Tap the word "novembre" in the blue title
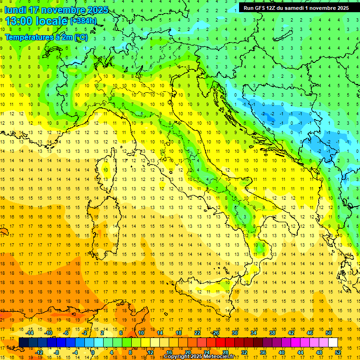tap(62, 10)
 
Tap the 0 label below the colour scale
tap(93, 352)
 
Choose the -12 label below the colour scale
tap(39, 352)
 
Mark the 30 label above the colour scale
tap(235, 333)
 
